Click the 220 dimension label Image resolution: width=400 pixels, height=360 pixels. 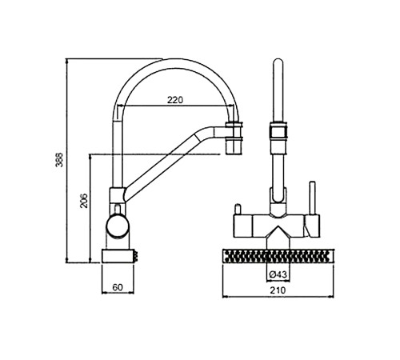point(175,100)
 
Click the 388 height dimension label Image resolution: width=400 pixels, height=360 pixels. point(59,160)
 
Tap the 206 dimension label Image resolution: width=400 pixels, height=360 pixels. point(84,201)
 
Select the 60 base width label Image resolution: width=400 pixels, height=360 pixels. point(118,287)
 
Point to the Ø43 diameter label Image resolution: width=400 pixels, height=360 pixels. point(278,274)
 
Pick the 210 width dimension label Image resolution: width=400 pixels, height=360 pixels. point(278,290)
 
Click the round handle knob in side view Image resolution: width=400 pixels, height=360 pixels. point(118,226)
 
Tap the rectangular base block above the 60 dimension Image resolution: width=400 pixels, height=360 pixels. point(118,256)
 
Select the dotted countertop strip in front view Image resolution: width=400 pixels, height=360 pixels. point(278,256)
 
